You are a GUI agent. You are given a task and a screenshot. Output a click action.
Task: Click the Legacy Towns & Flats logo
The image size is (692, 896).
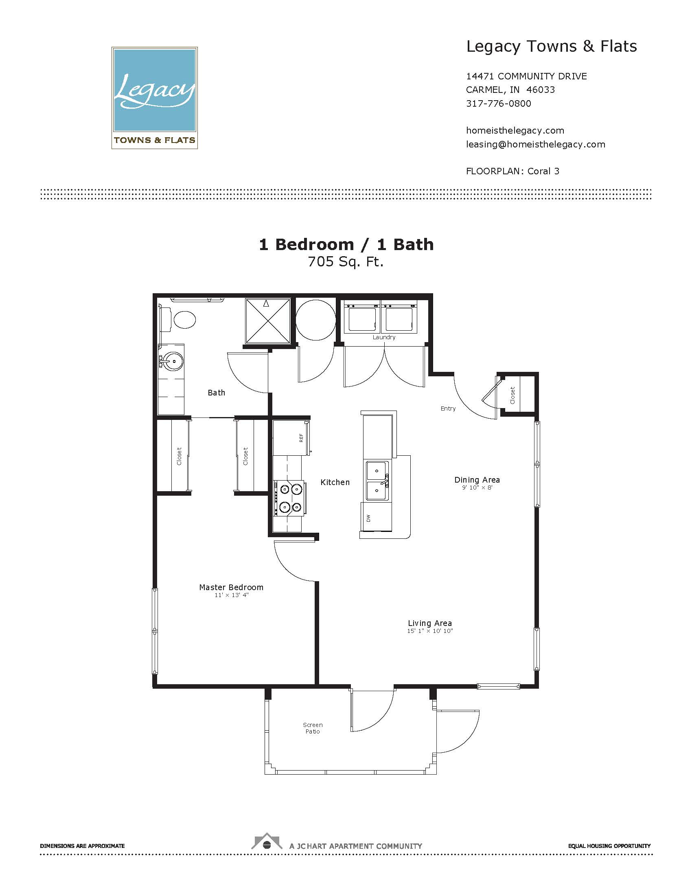point(155,98)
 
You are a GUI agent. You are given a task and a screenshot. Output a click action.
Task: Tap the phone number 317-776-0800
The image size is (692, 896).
point(499,103)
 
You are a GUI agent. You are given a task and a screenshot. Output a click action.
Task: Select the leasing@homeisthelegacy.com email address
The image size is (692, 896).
point(535,145)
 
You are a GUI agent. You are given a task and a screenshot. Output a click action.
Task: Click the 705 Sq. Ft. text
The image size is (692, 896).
point(346,262)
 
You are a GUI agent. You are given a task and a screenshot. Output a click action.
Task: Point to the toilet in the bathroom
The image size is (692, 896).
point(177,320)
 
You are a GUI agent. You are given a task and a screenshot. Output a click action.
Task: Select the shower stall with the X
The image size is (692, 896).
point(268,321)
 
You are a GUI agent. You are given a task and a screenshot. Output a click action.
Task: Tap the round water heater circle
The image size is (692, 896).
point(314,320)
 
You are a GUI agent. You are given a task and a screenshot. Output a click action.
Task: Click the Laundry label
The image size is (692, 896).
point(384,337)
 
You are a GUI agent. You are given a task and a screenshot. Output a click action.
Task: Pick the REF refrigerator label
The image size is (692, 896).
point(301,438)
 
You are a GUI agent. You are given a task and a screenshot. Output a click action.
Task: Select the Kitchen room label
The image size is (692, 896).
point(335,483)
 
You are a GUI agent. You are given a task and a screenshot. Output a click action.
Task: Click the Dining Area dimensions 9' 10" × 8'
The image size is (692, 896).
point(477,488)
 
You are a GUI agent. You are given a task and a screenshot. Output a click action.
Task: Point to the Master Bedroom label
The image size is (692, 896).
point(231,587)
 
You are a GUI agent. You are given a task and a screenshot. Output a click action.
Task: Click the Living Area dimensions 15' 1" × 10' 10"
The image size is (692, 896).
point(429,631)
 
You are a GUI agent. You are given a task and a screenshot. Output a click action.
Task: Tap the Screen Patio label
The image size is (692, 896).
point(313,728)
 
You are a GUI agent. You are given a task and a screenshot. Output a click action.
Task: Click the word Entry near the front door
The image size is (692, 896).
point(448,408)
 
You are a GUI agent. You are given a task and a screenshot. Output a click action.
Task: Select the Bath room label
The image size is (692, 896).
point(217,393)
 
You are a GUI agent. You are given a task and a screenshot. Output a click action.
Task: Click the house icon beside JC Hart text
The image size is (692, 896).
point(267,842)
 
